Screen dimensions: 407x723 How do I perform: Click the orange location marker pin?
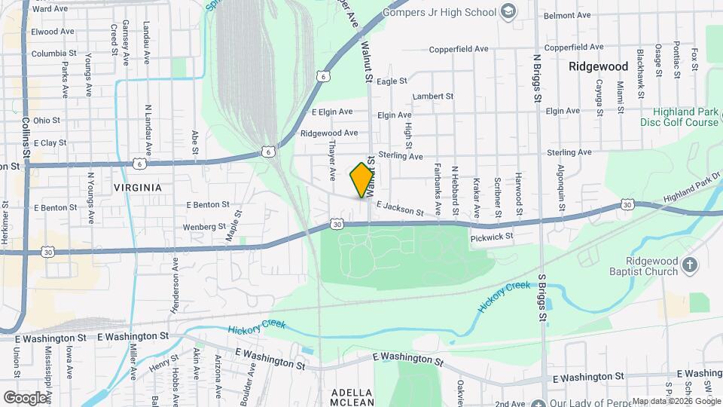[362, 180]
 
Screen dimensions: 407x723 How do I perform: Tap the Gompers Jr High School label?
[440, 12]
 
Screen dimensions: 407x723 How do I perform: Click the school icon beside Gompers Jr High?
[509, 11]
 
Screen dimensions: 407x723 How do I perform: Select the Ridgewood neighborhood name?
[599, 66]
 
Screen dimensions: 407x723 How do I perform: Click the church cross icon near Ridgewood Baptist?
[690, 265]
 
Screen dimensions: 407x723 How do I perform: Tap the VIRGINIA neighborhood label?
[138, 187]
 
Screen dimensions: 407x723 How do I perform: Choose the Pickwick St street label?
[491, 237]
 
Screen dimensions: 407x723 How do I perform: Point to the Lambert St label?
[433, 96]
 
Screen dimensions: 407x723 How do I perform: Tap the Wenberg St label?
[206, 226]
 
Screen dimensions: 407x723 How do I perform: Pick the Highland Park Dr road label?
[686, 191]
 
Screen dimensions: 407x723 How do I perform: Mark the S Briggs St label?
[541, 298]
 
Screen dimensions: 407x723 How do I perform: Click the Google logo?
[26, 397]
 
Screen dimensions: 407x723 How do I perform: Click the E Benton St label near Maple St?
[208, 204]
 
